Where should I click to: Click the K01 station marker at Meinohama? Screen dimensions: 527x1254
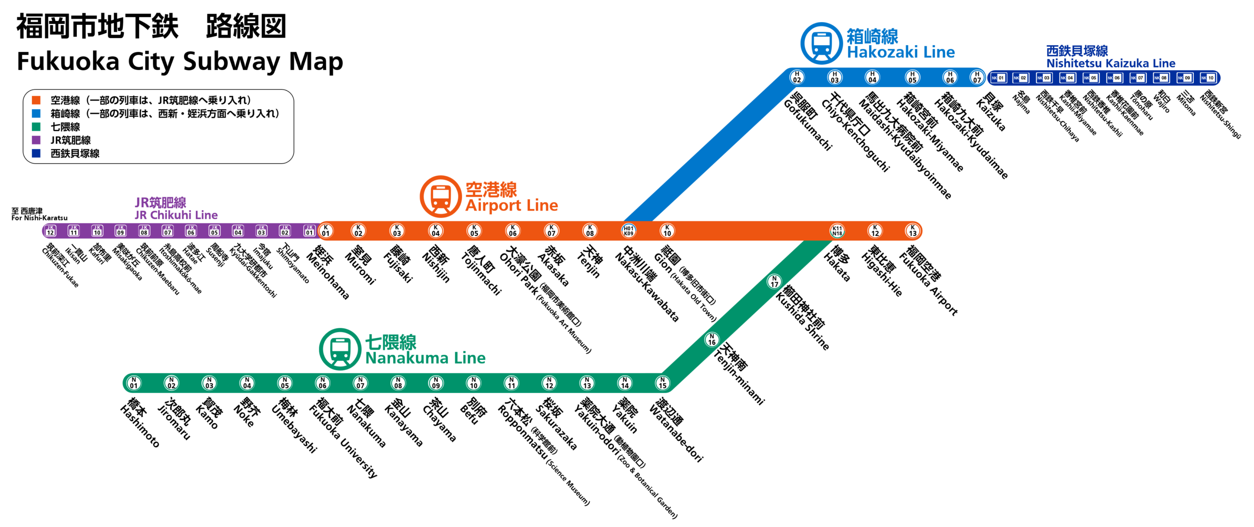click(x=326, y=230)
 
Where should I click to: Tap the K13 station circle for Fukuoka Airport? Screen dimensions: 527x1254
click(x=913, y=230)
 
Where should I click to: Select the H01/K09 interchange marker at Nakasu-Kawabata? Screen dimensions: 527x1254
click(x=628, y=230)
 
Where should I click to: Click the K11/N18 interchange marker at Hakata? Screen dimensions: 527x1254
click(x=837, y=230)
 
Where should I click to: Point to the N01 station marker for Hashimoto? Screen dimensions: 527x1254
click(x=134, y=383)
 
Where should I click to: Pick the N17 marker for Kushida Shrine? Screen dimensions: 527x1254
click(x=774, y=282)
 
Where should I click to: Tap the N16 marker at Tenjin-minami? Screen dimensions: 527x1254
click(x=712, y=339)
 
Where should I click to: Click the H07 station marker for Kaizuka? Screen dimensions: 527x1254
click(x=977, y=77)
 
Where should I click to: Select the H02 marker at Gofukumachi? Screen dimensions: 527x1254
click(x=797, y=77)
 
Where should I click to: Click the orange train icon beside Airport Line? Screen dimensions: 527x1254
click(x=440, y=197)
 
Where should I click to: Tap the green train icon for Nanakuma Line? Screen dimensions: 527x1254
click(x=340, y=350)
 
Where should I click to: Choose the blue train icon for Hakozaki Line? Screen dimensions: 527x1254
click(x=821, y=43)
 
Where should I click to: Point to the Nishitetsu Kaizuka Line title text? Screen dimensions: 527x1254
click(x=1110, y=57)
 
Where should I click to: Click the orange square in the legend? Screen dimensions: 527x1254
click(x=36, y=100)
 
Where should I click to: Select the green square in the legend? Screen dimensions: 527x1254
click(x=36, y=127)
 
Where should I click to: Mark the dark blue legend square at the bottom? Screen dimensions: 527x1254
click(x=36, y=153)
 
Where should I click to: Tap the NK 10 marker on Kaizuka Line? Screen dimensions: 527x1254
click(x=1208, y=78)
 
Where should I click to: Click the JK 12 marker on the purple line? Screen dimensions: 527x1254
click(x=50, y=230)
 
